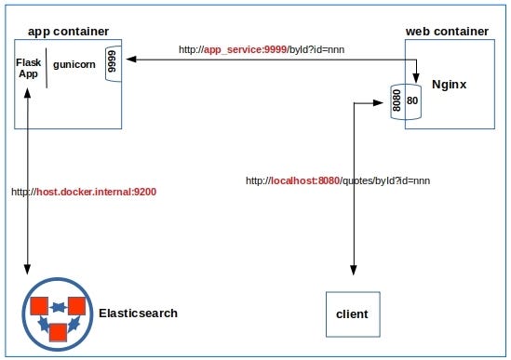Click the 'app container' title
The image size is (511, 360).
[x=68, y=31]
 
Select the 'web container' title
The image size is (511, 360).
[x=447, y=31]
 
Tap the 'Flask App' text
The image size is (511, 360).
[x=28, y=68]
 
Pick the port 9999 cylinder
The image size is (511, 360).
[x=113, y=63]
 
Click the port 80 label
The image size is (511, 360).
[x=412, y=100]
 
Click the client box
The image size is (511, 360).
[x=352, y=313]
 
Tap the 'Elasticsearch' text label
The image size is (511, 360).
[x=138, y=313]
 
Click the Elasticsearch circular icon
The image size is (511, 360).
[x=58, y=313]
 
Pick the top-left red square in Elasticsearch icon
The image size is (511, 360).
[x=39, y=306]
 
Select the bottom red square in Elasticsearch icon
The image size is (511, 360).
[x=58, y=331]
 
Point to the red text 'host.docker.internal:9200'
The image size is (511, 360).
[x=97, y=192]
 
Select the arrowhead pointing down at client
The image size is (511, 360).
[x=353, y=270]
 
